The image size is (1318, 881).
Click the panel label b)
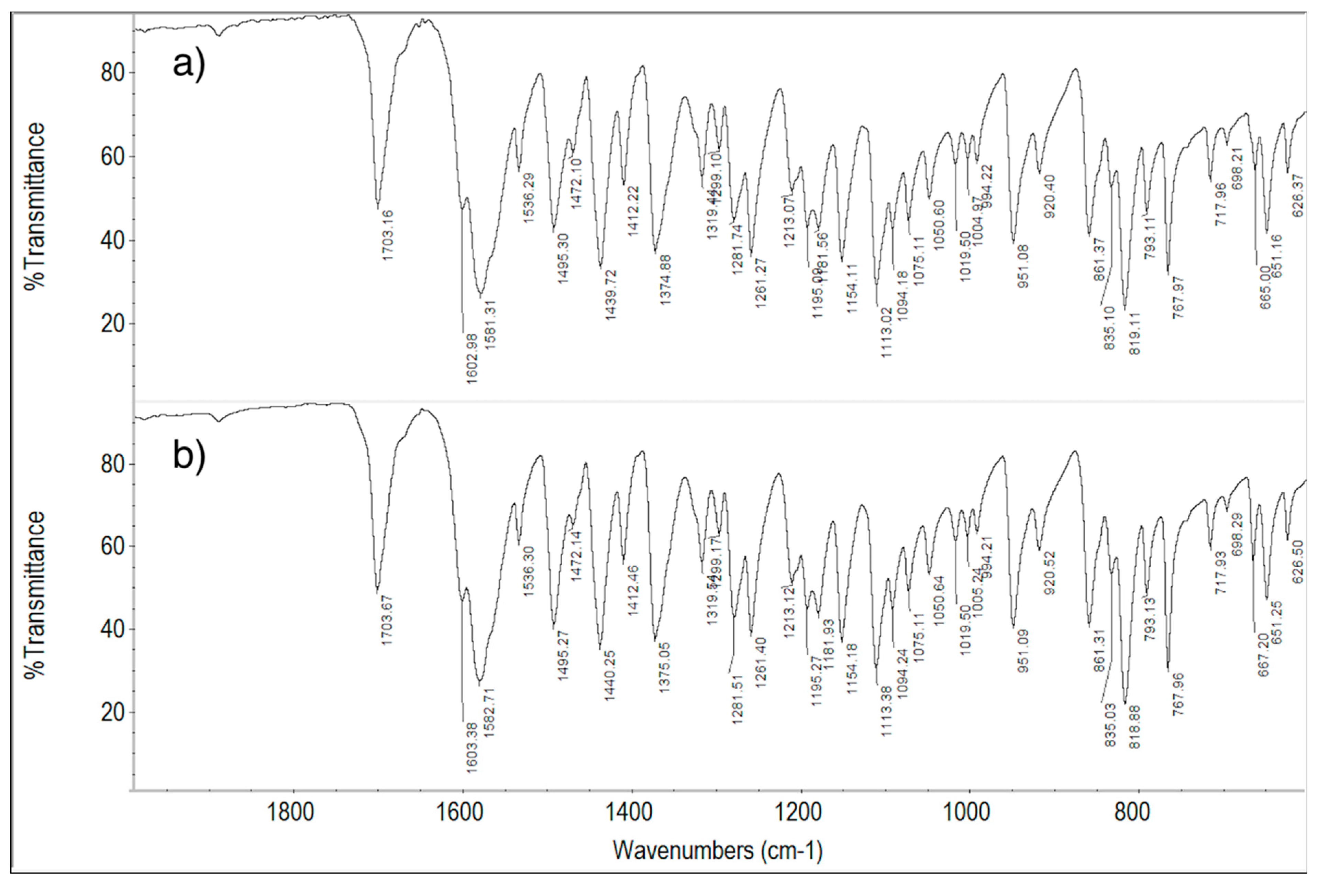(x=189, y=458)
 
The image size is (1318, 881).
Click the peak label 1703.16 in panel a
(x=388, y=235)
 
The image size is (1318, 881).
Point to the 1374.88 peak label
(x=666, y=280)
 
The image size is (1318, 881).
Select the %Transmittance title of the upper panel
(x=35, y=207)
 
